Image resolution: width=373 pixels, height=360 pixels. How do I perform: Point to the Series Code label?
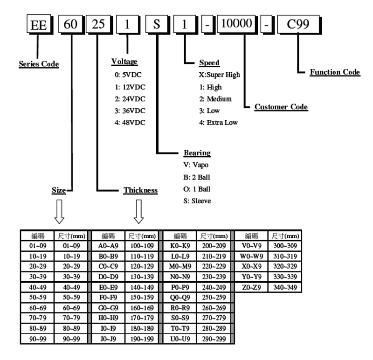click(x=39, y=64)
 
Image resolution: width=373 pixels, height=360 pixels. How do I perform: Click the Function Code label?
click(x=335, y=72)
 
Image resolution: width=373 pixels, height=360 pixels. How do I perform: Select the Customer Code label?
click(x=281, y=107)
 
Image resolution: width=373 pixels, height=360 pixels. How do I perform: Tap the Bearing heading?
click(x=197, y=153)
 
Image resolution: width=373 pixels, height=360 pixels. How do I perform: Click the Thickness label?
click(x=140, y=190)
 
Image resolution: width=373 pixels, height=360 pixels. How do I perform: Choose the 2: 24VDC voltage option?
click(x=130, y=98)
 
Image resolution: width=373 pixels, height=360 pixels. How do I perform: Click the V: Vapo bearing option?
click(x=196, y=165)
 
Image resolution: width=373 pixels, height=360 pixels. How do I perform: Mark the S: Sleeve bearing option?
click(x=197, y=201)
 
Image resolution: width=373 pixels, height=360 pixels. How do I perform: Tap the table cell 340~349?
click(x=285, y=287)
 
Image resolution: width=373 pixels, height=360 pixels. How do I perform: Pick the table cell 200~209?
click(x=214, y=245)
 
